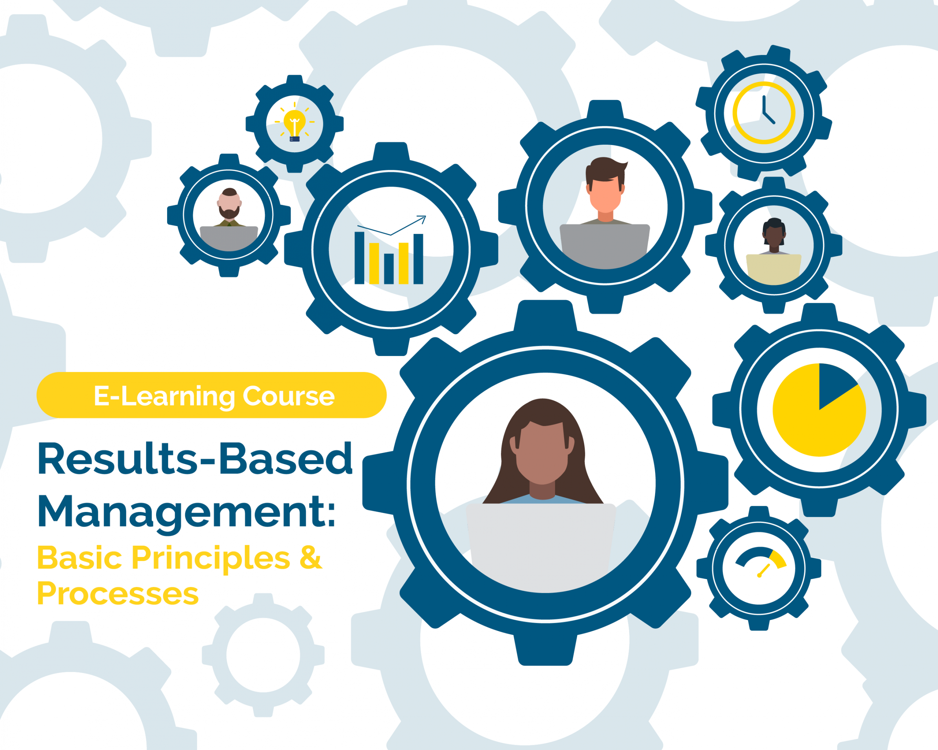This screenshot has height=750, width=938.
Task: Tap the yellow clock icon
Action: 764,112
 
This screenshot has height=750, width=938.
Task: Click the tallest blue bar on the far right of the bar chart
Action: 418,259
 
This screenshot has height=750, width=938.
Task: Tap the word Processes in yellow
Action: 118,594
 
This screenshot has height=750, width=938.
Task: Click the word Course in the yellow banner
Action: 288,396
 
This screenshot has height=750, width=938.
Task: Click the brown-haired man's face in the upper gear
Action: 605,193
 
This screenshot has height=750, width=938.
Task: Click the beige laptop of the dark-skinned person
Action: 773,269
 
